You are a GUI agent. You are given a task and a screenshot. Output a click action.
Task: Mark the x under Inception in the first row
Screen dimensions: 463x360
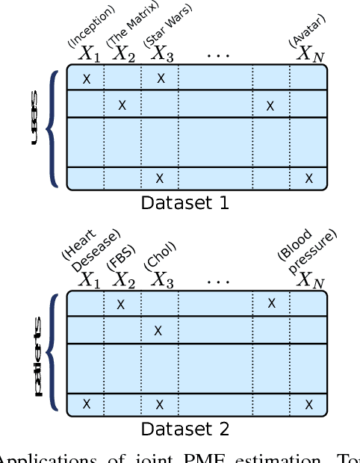pos(87,78)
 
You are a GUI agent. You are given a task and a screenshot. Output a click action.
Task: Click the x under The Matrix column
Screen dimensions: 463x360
pos(122,105)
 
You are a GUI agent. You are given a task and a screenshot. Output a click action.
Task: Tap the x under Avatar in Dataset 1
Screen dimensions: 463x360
pos(308,178)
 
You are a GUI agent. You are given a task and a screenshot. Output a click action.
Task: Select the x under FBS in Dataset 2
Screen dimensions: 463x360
pos(121,304)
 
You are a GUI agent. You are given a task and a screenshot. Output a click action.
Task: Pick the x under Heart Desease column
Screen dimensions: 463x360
pos(87,404)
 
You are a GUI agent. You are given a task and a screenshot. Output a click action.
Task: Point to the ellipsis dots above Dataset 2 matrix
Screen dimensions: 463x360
pos(218,282)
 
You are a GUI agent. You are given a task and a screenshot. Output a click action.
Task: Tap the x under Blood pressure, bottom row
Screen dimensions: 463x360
pos(308,404)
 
